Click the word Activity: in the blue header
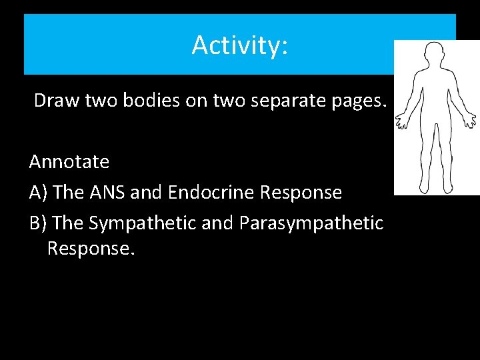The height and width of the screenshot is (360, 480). (239, 45)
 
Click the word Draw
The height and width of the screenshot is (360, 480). (53, 101)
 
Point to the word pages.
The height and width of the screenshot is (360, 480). (359, 101)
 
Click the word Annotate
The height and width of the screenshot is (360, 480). (69, 162)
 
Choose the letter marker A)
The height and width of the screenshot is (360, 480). (38, 193)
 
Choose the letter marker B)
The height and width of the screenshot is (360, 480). (38, 223)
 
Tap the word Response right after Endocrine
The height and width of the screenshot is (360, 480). (301, 193)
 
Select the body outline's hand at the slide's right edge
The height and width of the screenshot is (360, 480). (470, 121)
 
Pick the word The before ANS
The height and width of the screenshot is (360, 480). (67, 193)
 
